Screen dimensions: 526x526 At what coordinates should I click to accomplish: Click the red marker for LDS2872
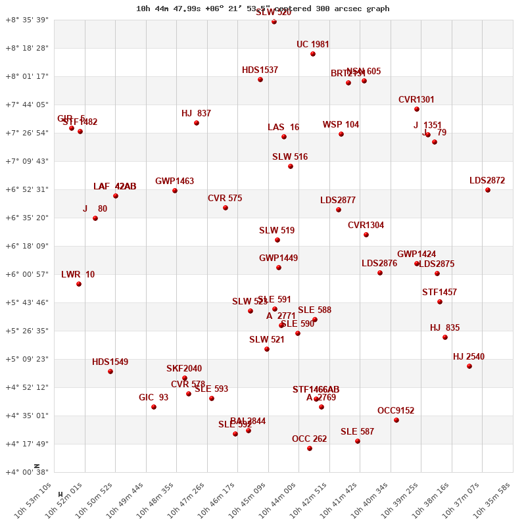click(488, 190)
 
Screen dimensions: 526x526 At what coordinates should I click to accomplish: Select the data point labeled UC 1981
click(313, 54)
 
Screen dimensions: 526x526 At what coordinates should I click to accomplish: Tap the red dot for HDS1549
click(110, 371)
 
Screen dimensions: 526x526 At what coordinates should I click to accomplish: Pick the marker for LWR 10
click(79, 284)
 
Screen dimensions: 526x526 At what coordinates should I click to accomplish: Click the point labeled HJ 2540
click(469, 366)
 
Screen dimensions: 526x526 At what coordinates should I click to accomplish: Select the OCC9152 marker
click(396, 420)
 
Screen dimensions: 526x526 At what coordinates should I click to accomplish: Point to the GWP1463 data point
click(175, 191)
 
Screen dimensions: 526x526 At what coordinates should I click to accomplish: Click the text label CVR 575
click(225, 198)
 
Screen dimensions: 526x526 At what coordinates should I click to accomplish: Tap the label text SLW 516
click(290, 157)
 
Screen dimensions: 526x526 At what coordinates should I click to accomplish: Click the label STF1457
click(439, 293)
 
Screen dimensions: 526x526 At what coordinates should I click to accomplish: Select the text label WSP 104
click(341, 125)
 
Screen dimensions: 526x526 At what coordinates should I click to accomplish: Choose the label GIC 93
click(153, 398)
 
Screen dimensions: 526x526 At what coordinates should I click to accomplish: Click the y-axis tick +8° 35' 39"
click(27, 20)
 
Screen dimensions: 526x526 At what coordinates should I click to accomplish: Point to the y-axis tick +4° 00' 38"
click(27, 472)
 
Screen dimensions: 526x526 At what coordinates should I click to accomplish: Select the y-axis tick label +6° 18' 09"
click(27, 246)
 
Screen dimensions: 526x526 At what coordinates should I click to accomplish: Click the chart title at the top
click(263, 9)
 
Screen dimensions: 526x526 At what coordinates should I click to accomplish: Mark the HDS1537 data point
click(260, 80)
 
